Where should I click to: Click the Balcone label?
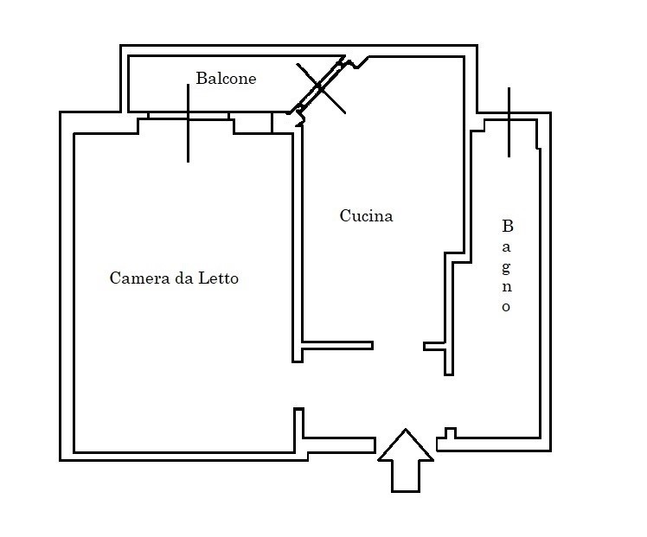tap(226, 79)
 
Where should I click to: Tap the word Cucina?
tap(366, 215)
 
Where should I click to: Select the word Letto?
tap(218, 278)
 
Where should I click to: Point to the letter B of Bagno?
tap(508, 226)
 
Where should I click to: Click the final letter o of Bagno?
tap(506, 307)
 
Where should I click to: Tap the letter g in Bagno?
tap(506, 268)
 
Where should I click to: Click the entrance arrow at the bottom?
tap(406, 460)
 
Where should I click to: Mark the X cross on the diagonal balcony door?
tap(321, 88)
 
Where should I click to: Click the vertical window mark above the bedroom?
tap(189, 124)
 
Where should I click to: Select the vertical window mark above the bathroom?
tap(509, 122)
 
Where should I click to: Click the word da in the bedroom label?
tap(184, 278)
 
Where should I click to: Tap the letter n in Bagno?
tap(507, 287)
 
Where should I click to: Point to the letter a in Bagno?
tap(506, 247)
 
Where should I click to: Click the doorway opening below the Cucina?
tap(398, 346)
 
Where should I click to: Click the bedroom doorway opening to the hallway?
tap(298, 385)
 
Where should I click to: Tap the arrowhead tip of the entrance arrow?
tap(406, 430)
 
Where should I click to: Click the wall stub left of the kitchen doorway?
tap(337, 346)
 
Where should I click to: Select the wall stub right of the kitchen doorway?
tap(434, 346)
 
